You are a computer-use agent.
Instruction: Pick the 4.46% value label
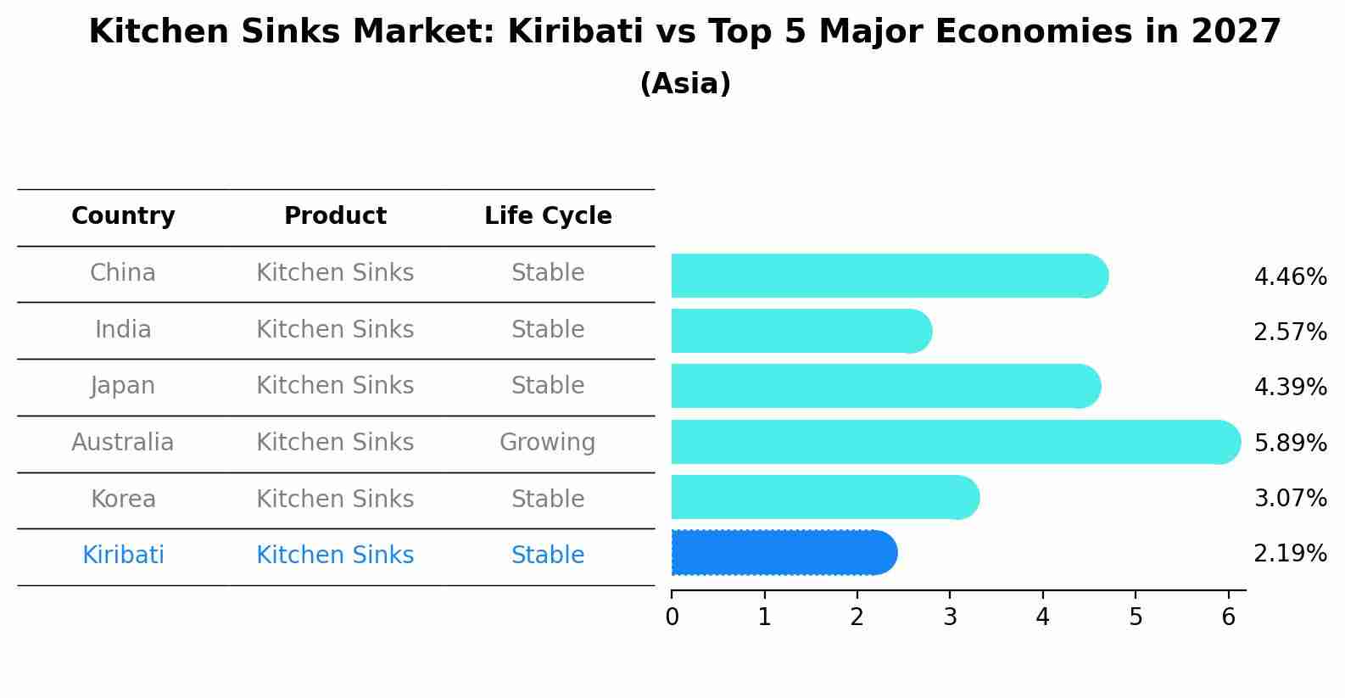tap(1290, 277)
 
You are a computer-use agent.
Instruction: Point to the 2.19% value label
tap(1290, 554)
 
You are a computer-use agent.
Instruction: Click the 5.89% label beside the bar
tap(1290, 443)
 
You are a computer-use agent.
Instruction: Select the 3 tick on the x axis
tap(950, 617)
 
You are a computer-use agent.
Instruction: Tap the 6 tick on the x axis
tap(1228, 617)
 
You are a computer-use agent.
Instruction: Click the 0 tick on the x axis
tap(672, 617)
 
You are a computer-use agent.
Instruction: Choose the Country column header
tap(123, 216)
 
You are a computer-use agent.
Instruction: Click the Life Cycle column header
tap(548, 216)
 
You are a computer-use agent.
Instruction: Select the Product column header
tap(335, 216)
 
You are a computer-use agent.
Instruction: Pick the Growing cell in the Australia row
tap(547, 443)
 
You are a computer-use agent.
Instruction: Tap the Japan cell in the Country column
tap(123, 386)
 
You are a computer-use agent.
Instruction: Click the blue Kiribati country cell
tap(123, 556)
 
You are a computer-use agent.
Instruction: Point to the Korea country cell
tap(123, 499)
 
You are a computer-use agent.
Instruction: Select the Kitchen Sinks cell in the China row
tap(335, 273)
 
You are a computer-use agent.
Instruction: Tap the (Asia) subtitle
tap(685, 84)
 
